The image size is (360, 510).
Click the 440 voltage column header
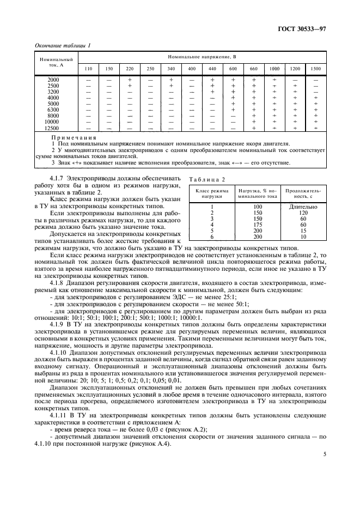coord(212,69)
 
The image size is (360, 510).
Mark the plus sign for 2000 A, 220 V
coord(129,80)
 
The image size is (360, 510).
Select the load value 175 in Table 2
coord(258,224)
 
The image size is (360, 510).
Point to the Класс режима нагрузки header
coord(211,193)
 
